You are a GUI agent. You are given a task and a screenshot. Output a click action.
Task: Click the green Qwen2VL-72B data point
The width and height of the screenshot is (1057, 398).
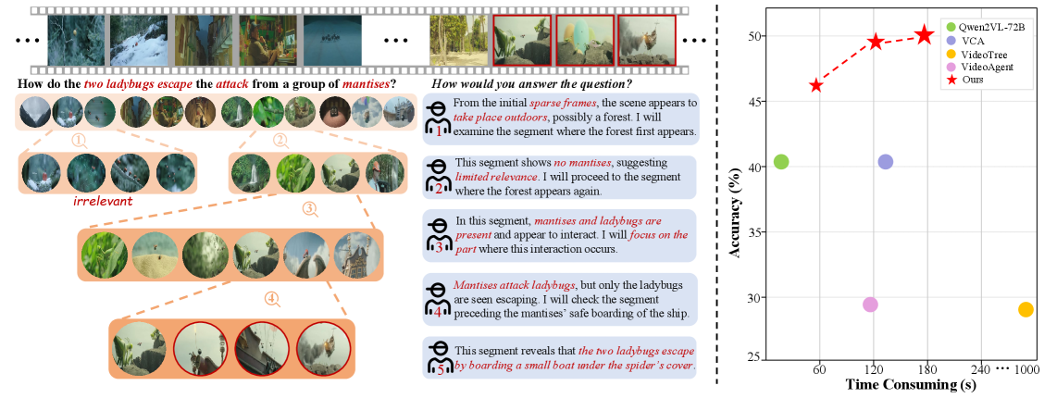tap(781, 162)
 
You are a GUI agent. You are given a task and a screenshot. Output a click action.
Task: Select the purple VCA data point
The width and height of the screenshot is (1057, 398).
tap(885, 162)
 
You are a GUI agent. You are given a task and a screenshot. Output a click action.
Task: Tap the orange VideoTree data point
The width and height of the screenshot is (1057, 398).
tap(1026, 310)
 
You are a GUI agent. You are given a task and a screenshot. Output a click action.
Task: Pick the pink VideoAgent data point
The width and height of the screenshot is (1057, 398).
tap(870, 305)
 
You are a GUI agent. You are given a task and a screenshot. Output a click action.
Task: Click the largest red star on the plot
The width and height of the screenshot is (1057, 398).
tap(925, 35)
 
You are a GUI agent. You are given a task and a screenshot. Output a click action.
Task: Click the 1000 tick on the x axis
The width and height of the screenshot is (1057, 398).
tap(1026, 370)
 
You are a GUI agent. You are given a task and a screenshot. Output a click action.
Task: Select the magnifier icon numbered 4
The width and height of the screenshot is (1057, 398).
tap(271, 298)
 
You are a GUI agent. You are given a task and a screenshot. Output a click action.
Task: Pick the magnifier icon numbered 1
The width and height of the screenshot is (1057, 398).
tap(81, 140)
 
